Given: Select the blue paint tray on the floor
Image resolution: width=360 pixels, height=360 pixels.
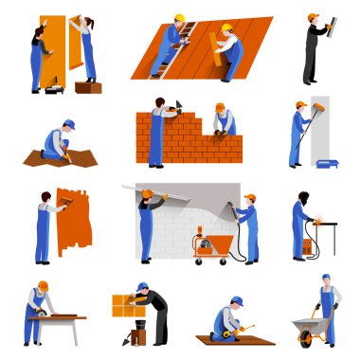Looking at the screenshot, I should point(327,163).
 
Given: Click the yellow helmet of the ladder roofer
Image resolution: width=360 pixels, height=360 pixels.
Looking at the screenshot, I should point(179,18).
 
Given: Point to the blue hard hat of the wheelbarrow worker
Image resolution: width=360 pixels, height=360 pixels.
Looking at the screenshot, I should point(326,278).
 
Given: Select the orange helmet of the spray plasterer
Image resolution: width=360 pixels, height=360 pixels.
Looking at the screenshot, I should point(250,198).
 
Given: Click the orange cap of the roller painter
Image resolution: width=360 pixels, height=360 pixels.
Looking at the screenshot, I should point(300,104).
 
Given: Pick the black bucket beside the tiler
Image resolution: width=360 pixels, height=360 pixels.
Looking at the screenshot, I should point(139,336).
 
